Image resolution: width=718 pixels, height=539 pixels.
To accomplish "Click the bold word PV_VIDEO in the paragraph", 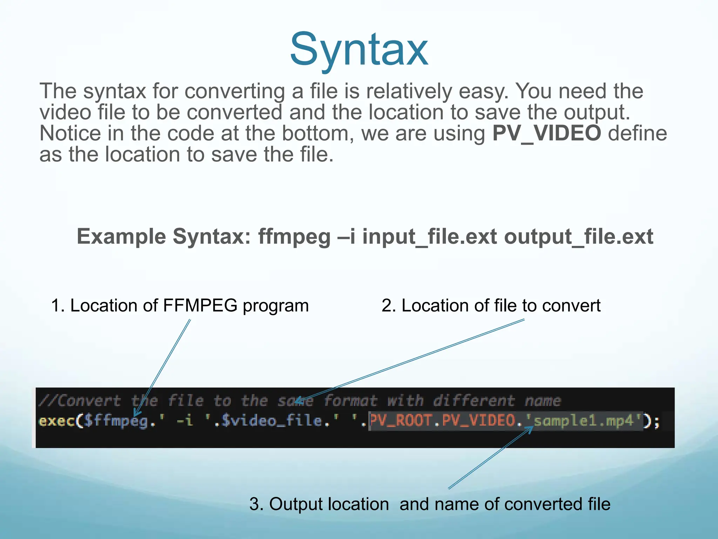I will [x=547, y=133].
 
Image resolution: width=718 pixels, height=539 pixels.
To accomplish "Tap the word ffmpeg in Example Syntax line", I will [x=294, y=237].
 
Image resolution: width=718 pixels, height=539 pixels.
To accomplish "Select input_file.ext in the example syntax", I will [x=429, y=237].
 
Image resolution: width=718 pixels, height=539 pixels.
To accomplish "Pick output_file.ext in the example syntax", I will [x=578, y=237].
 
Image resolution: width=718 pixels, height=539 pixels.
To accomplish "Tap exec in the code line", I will [x=56, y=421].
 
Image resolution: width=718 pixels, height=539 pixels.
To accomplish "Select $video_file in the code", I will [x=272, y=421].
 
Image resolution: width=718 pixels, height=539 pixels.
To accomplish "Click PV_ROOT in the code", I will [x=401, y=420].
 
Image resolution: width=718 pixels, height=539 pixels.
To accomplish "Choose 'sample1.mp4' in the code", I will [x=583, y=420].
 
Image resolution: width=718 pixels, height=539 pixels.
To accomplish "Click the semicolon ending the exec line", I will [x=656, y=421].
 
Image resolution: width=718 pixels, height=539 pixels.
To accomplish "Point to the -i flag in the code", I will [x=185, y=421].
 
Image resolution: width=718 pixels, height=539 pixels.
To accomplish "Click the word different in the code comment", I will [x=474, y=401].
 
